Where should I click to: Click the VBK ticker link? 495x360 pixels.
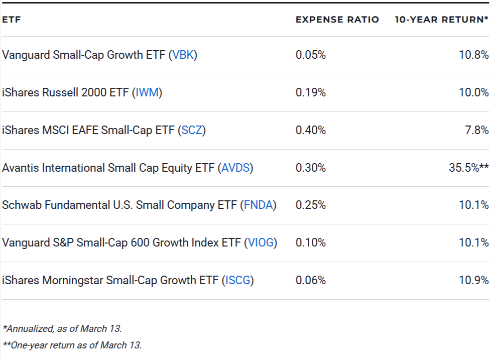[x=183, y=55]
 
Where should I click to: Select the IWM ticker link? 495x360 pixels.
[x=148, y=92]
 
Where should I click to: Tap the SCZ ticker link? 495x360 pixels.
[x=191, y=130]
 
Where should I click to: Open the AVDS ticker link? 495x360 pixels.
[x=235, y=168]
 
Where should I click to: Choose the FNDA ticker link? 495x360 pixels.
[x=258, y=205]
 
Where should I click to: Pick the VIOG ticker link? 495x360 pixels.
[x=261, y=243]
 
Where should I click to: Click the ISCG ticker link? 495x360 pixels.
[x=237, y=280]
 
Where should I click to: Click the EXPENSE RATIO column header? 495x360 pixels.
[x=337, y=20]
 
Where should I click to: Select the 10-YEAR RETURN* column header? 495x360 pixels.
[x=441, y=20]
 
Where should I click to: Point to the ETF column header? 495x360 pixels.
[x=11, y=20]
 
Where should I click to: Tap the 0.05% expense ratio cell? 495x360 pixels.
[x=310, y=55]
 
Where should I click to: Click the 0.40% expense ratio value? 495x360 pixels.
[x=310, y=130]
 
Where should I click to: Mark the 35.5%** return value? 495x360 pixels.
[x=468, y=168]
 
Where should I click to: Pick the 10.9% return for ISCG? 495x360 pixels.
[x=473, y=280]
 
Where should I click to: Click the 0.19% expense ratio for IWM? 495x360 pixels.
[x=310, y=92]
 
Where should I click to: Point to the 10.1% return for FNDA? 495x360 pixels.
[x=473, y=205]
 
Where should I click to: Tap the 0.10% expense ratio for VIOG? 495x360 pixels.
[x=310, y=243]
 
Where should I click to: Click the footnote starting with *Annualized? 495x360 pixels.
[x=62, y=329]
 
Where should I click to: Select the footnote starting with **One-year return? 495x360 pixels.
[x=72, y=345]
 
